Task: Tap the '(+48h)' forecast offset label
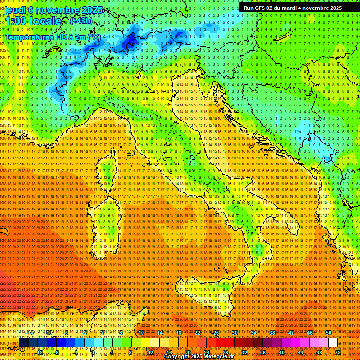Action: pos(81,21)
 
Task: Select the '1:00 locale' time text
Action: pos(33,22)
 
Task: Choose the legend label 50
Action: pos(329,333)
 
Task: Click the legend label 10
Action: pos(141,333)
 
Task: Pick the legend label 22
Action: pos(197,333)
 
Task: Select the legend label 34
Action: pos(254,333)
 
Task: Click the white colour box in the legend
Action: pos(333,343)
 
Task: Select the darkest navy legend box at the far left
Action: pos(23,343)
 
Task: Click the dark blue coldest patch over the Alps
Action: pos(129,41)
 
